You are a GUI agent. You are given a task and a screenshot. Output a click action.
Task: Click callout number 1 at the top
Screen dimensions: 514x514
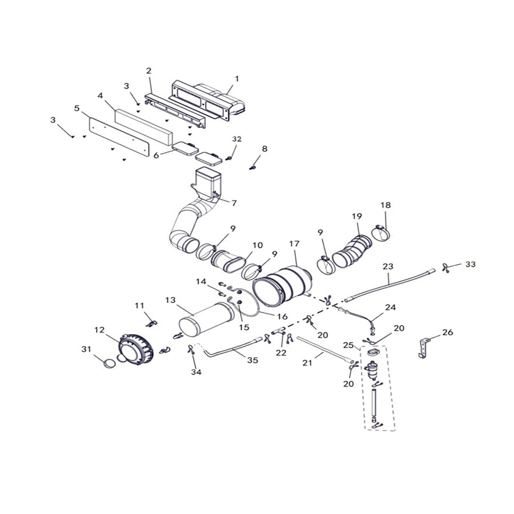(236, 78)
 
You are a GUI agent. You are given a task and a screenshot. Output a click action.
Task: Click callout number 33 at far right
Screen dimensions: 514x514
(469, 264)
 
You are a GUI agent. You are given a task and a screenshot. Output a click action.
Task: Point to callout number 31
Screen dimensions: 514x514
(86, 349)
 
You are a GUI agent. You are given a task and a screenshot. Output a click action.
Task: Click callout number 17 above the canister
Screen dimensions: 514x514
(294, 244)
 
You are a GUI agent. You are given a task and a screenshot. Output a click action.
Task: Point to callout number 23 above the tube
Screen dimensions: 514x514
(388, 266)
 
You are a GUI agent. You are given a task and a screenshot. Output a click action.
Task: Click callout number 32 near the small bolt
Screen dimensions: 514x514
(237, 139)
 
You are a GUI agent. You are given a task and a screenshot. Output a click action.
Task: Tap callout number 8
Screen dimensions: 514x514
(264, 149)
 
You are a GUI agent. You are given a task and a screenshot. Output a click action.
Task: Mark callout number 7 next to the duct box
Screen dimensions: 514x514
(233, 202)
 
